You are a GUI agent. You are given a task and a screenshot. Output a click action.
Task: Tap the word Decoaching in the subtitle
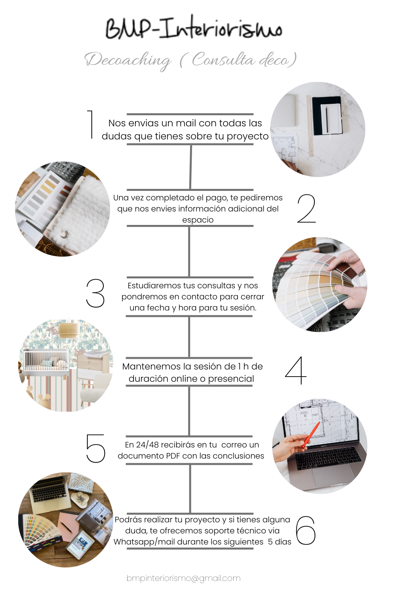click(x=128, y=61)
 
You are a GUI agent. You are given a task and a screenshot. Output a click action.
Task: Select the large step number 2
click(x=307, y=208)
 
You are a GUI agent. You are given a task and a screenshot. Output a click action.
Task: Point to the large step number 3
click(x=95, y=293)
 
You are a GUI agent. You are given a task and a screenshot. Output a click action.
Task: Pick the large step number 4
click(x=295, y=370)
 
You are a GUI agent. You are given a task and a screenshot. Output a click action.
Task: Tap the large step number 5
click(x=95, y=448)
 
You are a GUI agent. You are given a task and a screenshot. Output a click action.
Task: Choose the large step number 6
click(x=306, y=530)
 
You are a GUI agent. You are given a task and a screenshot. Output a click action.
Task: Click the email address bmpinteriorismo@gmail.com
click(x=183, y=578)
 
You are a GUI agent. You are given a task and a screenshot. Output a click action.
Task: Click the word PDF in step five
click(x=173, y=455)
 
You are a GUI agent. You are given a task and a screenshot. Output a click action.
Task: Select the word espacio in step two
click(x=198, y=220)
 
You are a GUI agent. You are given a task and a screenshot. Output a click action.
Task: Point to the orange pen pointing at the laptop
click(x=311, y=435)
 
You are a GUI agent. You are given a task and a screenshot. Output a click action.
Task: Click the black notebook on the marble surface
click(x=327, y=116)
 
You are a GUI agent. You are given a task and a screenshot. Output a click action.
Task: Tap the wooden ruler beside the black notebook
click(x=310, y=126)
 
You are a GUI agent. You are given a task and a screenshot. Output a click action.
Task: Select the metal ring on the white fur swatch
click(x=64, y=234)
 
